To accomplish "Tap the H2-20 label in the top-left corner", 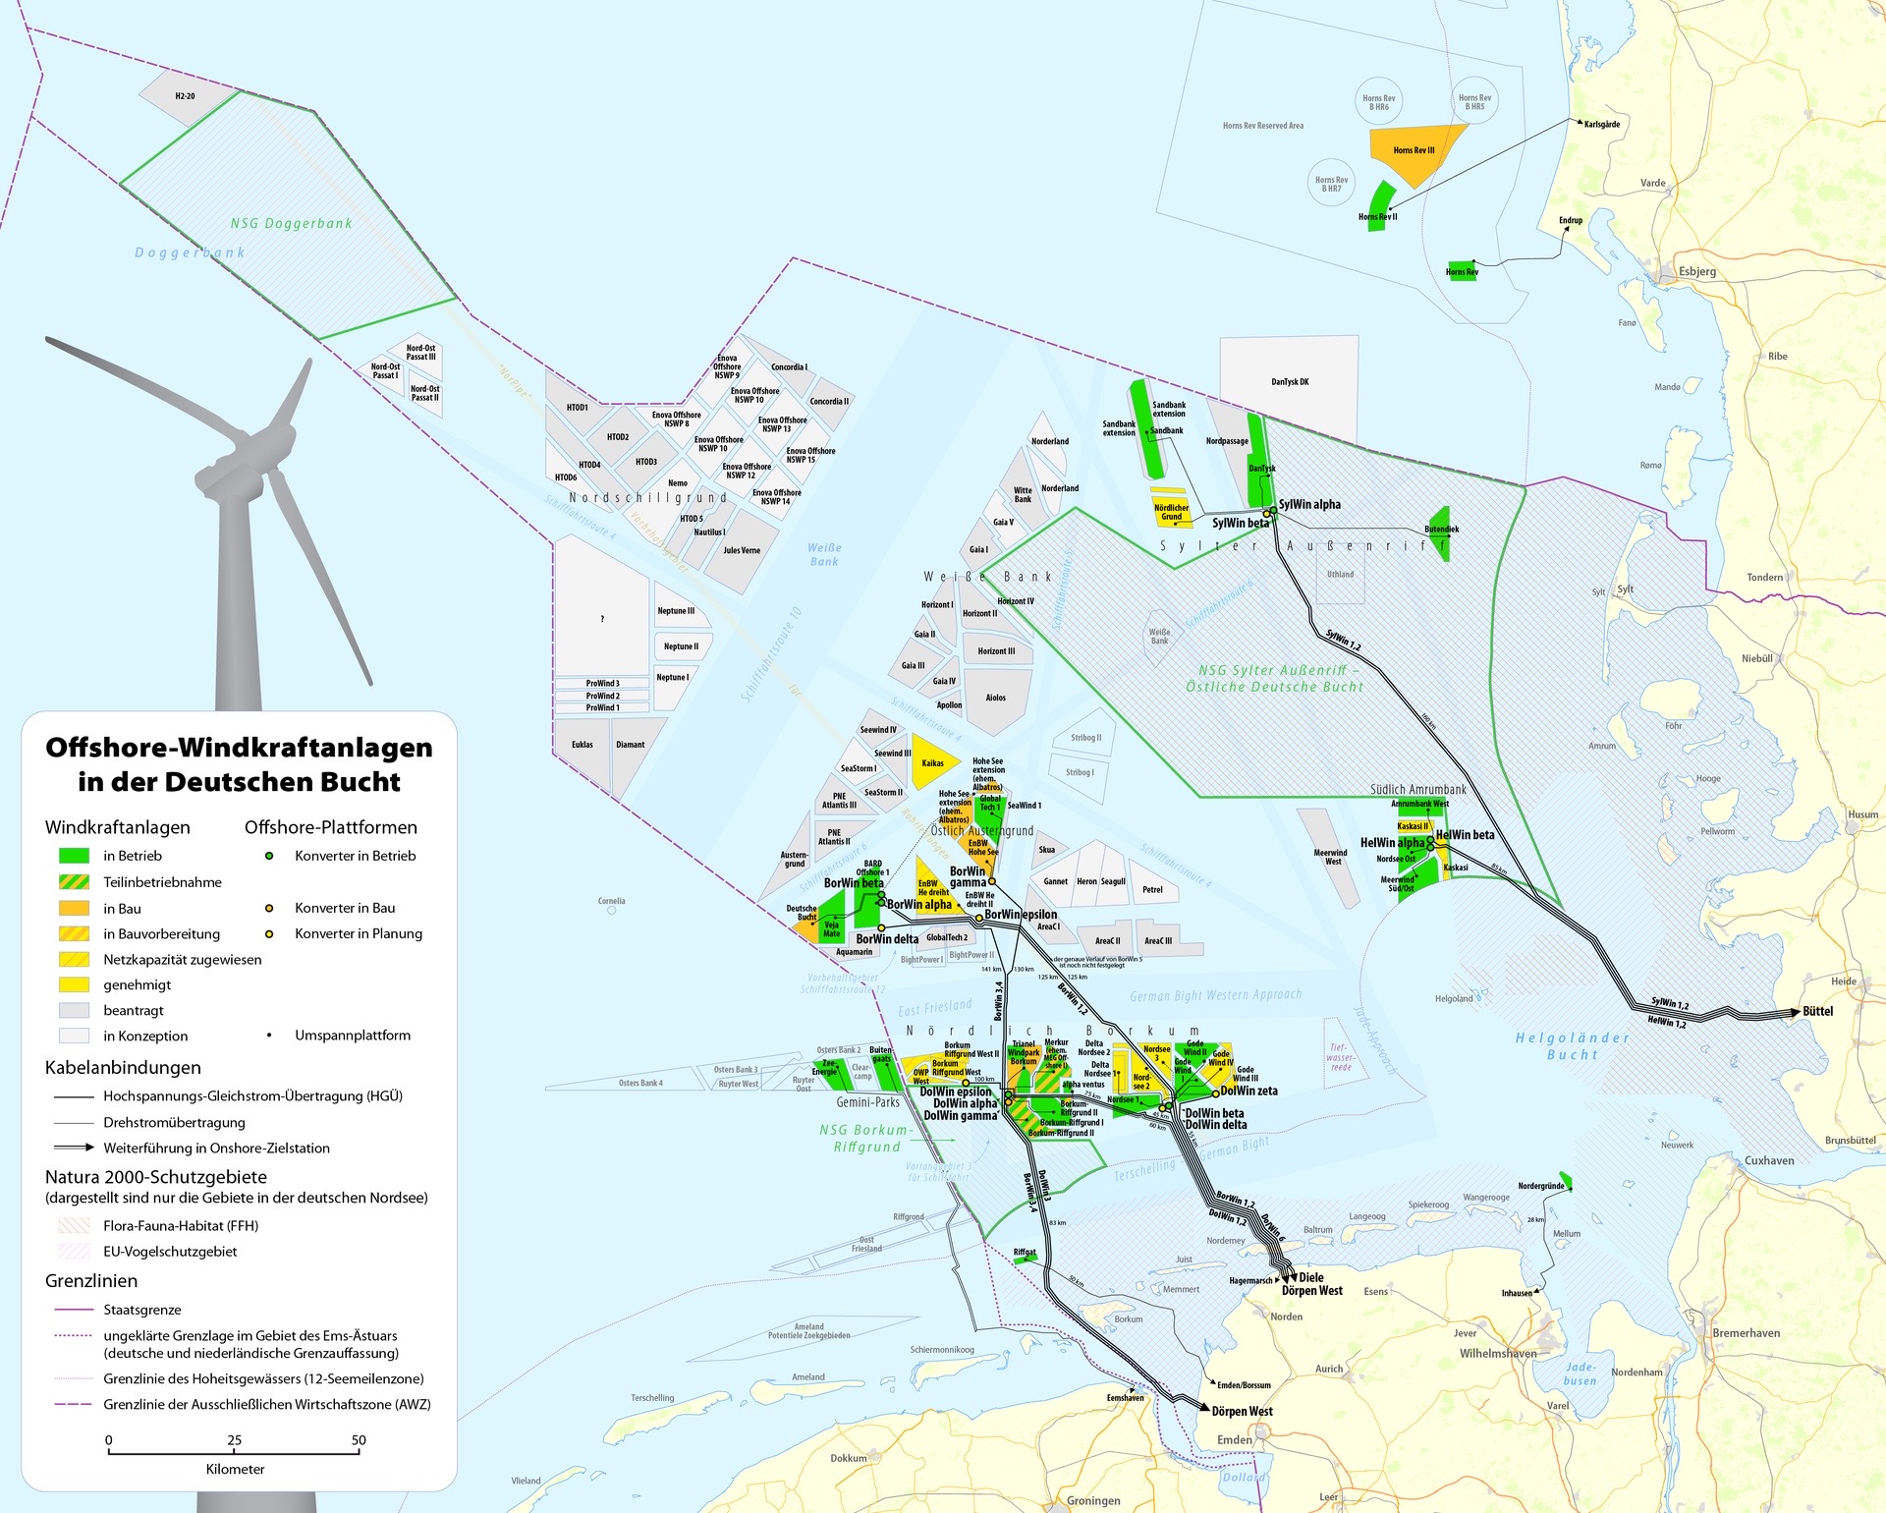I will coord(185,96).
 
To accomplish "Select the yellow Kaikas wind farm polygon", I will coord(932,762).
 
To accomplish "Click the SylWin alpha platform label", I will coord(1309,504).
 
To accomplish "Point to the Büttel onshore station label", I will coord(1817,1011).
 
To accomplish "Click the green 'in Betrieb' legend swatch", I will coord(74,856).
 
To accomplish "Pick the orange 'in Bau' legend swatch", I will coord(74,909).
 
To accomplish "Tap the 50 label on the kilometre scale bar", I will coord(359,1440).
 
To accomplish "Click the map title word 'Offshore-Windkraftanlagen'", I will coord(239,748).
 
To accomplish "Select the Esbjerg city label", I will coord(1697,271).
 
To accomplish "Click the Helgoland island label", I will coord(1454,999).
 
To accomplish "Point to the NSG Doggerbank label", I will coord(291,223).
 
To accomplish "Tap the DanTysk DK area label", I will coord(1290,382).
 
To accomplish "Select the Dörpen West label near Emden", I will coord(1242,1412).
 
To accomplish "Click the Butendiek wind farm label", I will coord(1441,530).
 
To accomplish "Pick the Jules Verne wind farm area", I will coord(742,550).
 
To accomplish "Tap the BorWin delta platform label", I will coord(887,939).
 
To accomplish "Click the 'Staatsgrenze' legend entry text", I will coord(142,1310).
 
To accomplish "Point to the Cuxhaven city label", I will coord(1769,1160).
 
